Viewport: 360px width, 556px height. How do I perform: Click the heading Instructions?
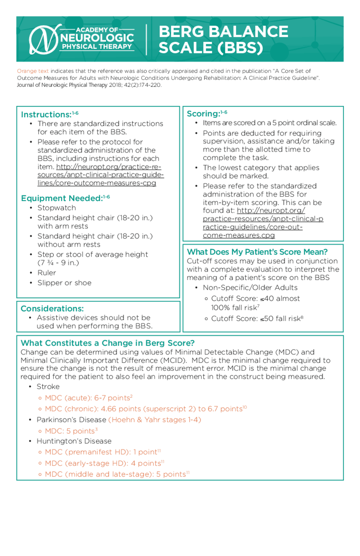click(46, 115)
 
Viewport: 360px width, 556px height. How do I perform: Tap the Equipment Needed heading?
click(62, 198)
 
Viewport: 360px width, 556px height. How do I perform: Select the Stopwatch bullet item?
click(57, 208)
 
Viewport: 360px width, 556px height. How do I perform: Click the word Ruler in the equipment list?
click(47, 273)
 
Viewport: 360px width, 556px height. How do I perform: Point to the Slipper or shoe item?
click(64, 283)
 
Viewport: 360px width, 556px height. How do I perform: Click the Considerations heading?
click(52, 309)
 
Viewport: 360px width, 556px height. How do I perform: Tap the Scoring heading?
click(204, 114)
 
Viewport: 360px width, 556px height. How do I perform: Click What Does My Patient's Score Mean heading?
click(257, 252)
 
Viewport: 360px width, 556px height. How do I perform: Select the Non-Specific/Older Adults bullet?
click(250, 288)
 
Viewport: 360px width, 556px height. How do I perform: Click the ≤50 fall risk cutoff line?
click(257, 319)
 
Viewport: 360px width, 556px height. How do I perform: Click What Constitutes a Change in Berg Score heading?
click(107, 343)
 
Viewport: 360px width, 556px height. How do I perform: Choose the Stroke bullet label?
click(48, 387)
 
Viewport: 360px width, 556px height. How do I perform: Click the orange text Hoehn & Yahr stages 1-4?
click(155, 420)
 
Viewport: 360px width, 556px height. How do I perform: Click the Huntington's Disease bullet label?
click(74, 441)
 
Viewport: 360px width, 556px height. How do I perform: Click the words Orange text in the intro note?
click(33, 71)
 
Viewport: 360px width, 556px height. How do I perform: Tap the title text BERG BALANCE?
click(223, 31)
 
